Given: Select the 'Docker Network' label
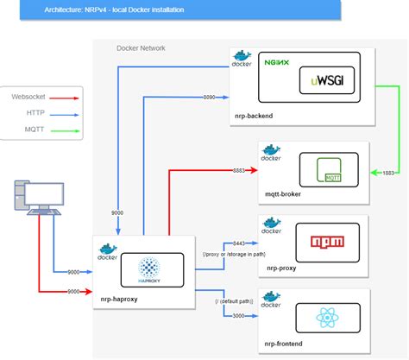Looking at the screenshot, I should (141, 47).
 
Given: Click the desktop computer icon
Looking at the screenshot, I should (36, 199).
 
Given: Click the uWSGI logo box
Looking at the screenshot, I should (330, 84).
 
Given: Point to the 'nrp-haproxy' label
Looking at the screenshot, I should (120, 299).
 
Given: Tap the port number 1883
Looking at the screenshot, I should (387, 174).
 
